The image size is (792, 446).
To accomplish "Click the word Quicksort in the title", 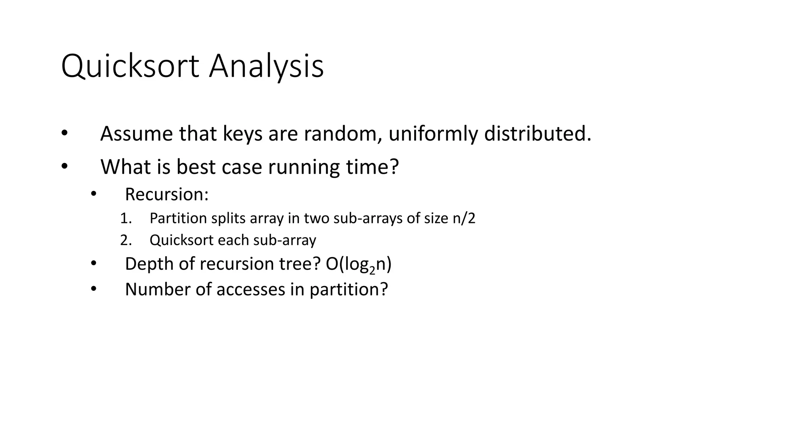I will [x=130, y=67].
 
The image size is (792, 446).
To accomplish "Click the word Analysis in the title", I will [x=266, y=67].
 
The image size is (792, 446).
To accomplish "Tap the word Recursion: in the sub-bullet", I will [x=167, y=194].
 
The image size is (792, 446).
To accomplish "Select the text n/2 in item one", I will [x=464, y=218].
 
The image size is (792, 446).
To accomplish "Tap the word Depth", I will [x=149, y=264].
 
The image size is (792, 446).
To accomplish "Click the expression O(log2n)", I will [x=358, y=264].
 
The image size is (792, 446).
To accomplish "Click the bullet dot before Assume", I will [x=64, y=134].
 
